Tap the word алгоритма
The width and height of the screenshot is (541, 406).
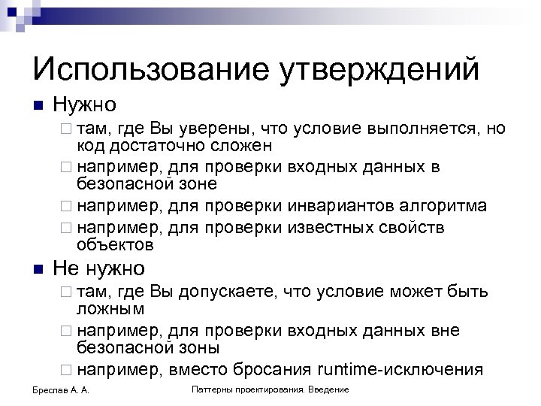point(442,205)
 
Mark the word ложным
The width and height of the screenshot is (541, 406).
point(110,308)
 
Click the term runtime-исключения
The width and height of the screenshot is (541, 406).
point(399,369)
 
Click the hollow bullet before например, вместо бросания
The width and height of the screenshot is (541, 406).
point(66,370)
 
